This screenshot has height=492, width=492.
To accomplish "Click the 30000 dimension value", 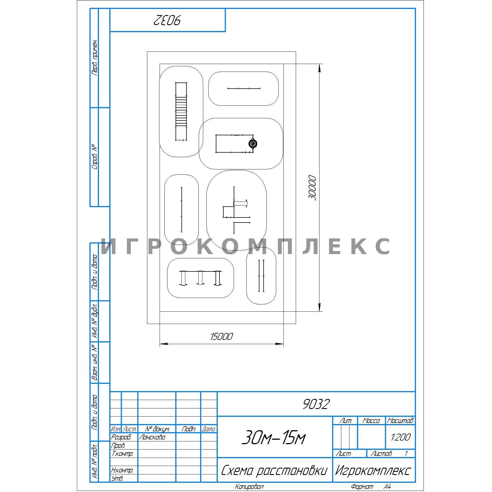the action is (x=312, y=188).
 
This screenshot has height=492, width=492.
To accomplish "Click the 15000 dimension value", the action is (x=221, y=337).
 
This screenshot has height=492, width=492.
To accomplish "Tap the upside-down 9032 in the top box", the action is (x=167, y=20).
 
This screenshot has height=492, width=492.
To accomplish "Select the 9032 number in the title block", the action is (x=316, y=404).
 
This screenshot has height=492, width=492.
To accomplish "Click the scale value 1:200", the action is (x=401, y=437).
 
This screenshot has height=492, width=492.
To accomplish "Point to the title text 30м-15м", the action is (x=273, y=437).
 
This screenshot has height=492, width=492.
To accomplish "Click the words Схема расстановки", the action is (x=274, y=471).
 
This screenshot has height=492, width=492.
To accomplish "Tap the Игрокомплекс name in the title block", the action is (x=373, y=471).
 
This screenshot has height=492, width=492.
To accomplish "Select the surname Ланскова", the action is (x=152, y=437).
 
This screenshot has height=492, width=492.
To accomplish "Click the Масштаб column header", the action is (x=400, y=421).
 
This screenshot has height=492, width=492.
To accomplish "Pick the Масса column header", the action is (x=371, y=421).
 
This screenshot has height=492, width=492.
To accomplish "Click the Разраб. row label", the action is (x=121, y=437).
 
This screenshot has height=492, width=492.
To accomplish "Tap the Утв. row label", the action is (x=117, y=478).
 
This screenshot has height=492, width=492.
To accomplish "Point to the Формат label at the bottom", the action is (x=362, y=487).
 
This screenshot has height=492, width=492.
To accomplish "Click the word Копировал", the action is (x=249, y=487).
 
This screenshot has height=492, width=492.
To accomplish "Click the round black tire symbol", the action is (x=253, y=144).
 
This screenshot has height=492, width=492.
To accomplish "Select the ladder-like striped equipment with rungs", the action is (x=181, y=111).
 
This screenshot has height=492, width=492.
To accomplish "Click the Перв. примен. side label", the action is (x=95, y=57).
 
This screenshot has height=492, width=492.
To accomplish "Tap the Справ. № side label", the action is (x=95, y=157).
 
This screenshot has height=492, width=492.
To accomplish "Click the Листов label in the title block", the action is (x=381, y=454).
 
